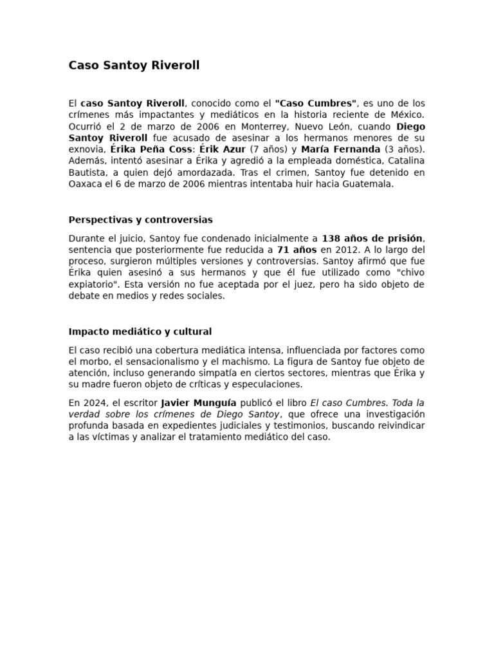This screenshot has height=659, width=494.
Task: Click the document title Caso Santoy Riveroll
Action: [x=134, y=65]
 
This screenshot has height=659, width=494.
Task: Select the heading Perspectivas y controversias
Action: [x=140, y=219]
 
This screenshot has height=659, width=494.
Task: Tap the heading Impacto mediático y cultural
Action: [x=140, y=331]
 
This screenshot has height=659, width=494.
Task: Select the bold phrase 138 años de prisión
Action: [x=373, y=238]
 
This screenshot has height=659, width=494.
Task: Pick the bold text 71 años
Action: [x=297, y=250]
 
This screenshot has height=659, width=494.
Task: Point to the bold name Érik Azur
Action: [x=223, y=149]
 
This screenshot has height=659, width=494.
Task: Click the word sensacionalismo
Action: [x=161, y=362]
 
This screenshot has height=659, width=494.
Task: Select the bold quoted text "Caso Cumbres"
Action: [x=316, y=103]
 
